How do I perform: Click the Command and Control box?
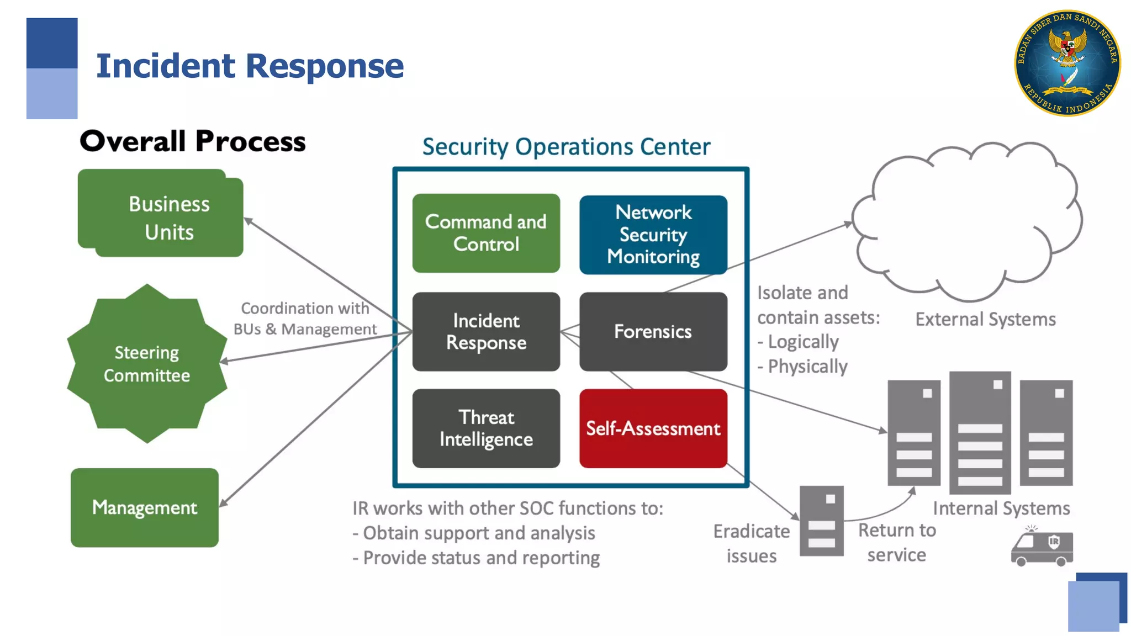click(486, 233)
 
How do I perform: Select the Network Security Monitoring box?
click(653, 235)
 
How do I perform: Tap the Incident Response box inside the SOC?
click(486, 331)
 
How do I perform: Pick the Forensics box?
click(653, 331)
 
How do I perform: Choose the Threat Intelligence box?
click(486, 428)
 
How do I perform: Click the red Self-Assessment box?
click(653, 428)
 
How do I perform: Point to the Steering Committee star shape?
click(147, 364)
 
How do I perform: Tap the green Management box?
click(145, 507)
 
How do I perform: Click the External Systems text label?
click(985, 319)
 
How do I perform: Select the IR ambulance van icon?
click(1042, 548)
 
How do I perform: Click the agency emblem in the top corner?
click(1067, 63)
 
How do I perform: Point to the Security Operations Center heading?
click(566, 147)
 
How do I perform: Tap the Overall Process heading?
click(193, 141)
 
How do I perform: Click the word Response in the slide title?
click(325, 66)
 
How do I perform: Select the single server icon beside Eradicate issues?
click(821, 521)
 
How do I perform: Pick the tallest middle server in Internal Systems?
click(980, 433)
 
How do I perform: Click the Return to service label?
click(897, 542)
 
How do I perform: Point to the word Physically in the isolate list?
click(807, 367)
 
